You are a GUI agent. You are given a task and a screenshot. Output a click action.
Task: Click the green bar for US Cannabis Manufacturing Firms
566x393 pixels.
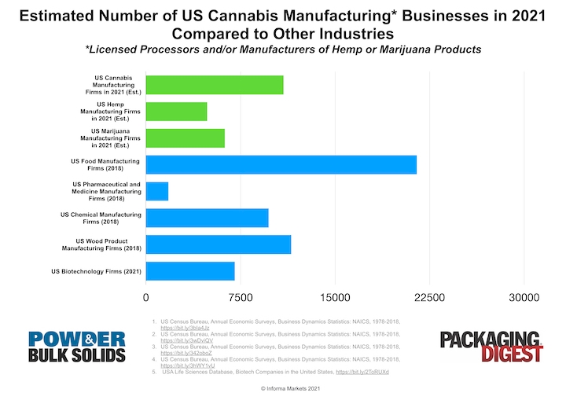tap(214, 84)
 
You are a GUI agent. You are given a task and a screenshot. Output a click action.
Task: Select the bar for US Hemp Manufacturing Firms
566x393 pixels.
tap(176, 111)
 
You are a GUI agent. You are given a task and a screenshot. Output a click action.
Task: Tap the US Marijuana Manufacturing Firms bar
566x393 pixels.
tap(185, 138)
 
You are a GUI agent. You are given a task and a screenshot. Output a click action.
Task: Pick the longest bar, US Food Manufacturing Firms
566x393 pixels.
tap(281, 164)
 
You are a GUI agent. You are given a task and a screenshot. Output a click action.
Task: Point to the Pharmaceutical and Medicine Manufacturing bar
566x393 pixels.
tap(157, 191)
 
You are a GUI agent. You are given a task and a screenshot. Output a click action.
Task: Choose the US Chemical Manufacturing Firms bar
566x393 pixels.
tap(207, 218)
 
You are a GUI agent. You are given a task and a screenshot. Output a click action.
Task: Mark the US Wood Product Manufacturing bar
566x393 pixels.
tap(218, 244)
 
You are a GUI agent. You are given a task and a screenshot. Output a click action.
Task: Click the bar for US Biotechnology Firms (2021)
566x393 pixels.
tap(190, 271)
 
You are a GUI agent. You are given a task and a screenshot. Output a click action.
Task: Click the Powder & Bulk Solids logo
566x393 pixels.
tap(77, 347)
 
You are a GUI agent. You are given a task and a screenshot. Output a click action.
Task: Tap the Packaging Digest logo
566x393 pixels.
tap(491, 347)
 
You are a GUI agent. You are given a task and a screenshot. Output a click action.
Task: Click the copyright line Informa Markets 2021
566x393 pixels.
tap(283, 387)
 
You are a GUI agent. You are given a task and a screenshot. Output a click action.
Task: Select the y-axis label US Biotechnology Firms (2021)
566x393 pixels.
tap(96, 271)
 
